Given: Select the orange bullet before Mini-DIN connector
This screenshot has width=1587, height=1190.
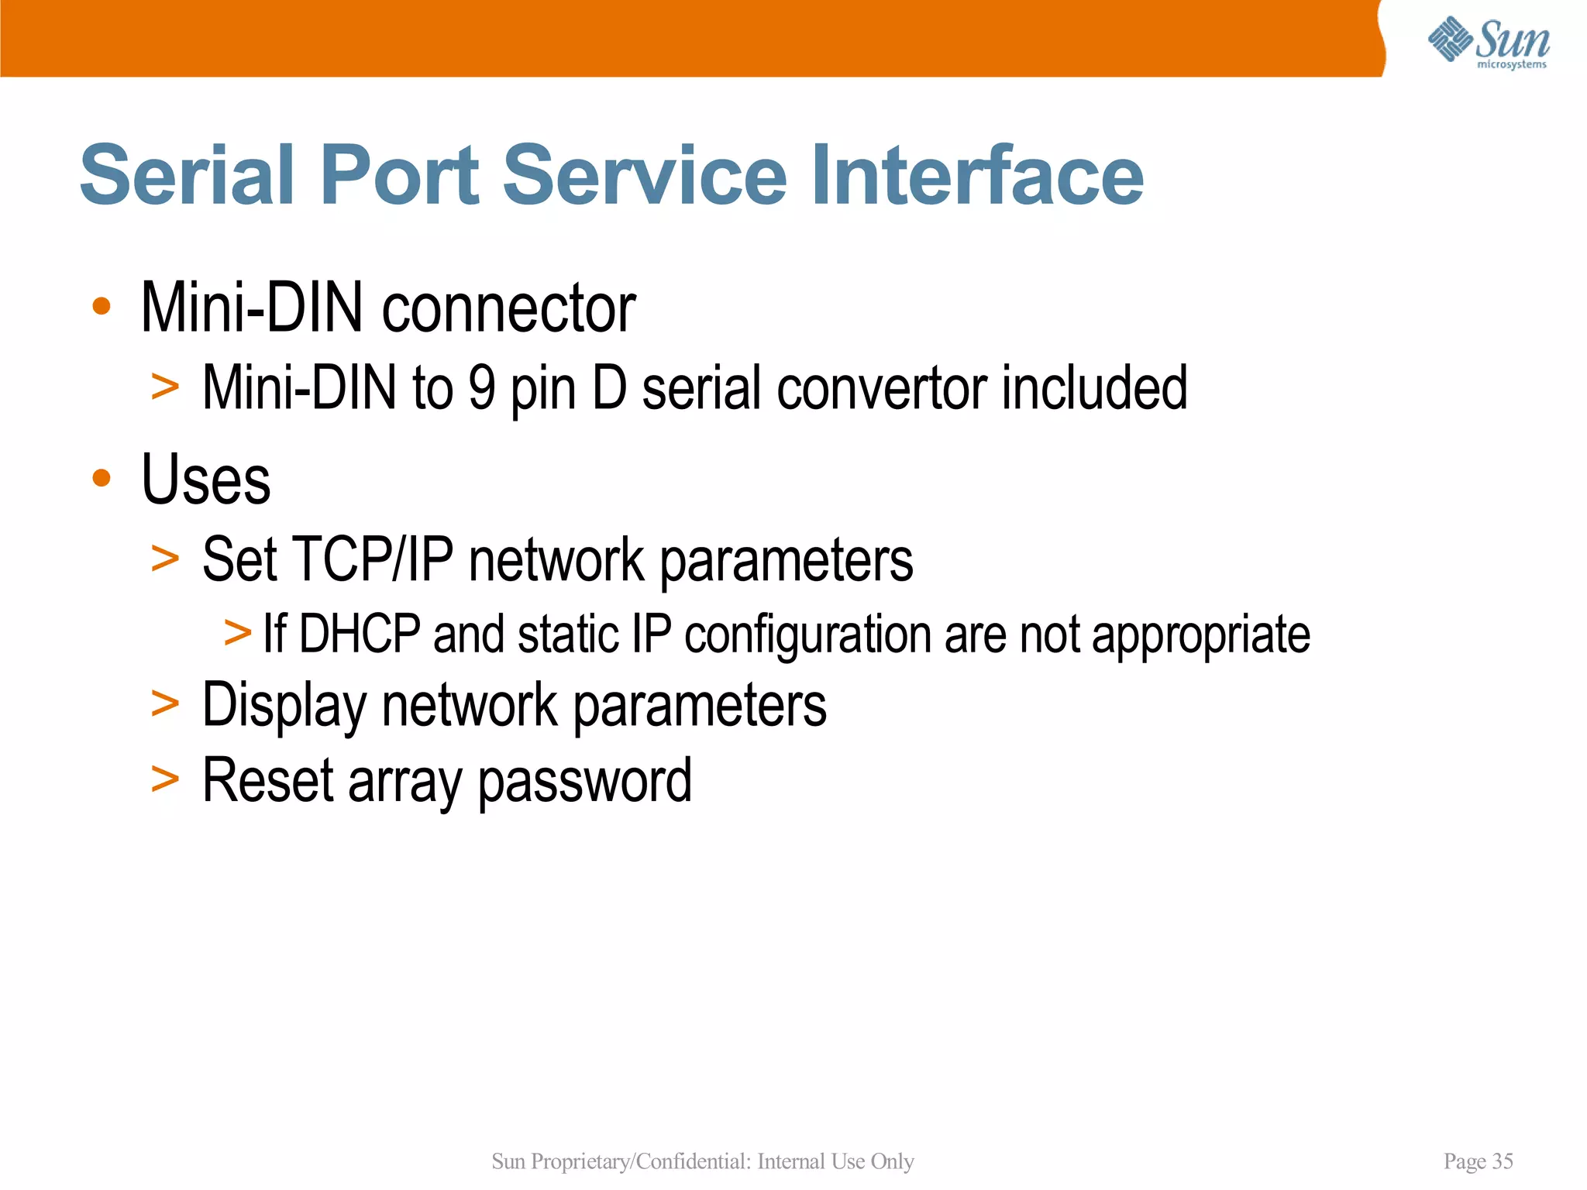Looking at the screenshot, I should pos(102,306).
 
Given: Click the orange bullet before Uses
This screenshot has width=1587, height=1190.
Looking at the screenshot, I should pos(102,477).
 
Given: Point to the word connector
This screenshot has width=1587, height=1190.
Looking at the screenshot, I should pos(508,308).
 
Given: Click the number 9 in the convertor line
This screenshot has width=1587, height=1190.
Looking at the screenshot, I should pos(481,387).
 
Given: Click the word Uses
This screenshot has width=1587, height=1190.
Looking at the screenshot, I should pos(206,480).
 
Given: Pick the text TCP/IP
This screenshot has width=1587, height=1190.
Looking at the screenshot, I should pos(373,559).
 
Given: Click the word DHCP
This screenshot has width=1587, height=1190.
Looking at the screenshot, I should pos(360,634).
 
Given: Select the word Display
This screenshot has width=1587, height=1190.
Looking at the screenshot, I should pos(284,705).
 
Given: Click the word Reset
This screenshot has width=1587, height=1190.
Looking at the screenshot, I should pos(268,780).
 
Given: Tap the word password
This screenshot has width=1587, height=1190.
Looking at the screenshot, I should pos(584,782).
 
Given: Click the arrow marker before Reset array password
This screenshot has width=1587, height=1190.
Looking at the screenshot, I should pos(165,779).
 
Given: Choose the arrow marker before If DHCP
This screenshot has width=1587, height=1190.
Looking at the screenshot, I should pos(238,632).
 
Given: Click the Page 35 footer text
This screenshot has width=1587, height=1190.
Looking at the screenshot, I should pos(1478,1161).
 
